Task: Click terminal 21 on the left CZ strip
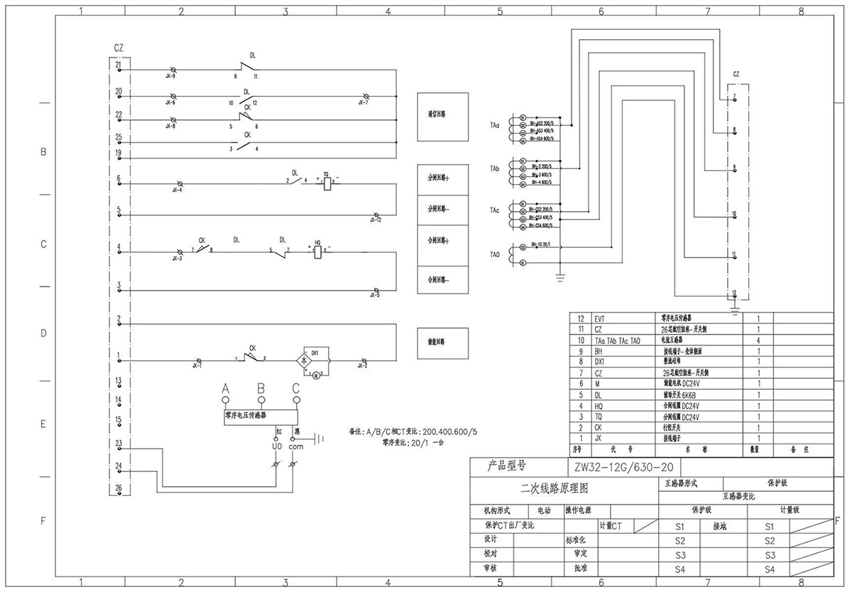coord(118,66)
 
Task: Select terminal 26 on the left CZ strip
coord(118,488)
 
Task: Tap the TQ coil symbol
coord(327,183)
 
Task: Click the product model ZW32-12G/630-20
coord(616,468)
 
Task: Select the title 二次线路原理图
coord(555,488)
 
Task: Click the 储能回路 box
coord(442,343)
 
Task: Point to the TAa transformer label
coord(495,125)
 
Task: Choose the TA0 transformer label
coord(495,254)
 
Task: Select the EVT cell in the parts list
coord(601,320)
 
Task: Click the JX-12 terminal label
coord(376,221)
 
